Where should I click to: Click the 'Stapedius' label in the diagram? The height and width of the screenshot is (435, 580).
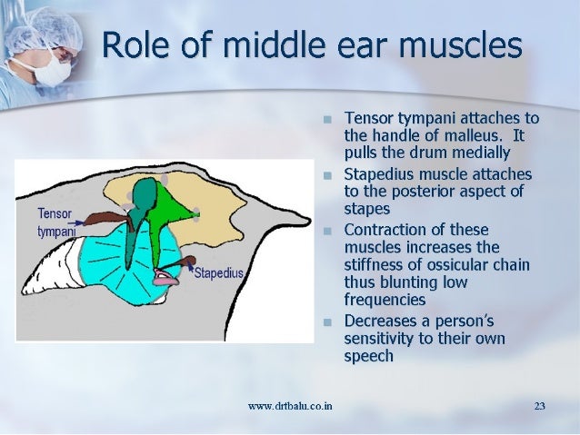(x=218, y=272)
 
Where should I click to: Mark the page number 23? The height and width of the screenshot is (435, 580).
(x=539, y=405)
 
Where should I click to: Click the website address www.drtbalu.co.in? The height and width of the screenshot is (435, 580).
(x=289, y=405)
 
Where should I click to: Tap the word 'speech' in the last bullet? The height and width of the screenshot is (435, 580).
(x=369, y=356)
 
